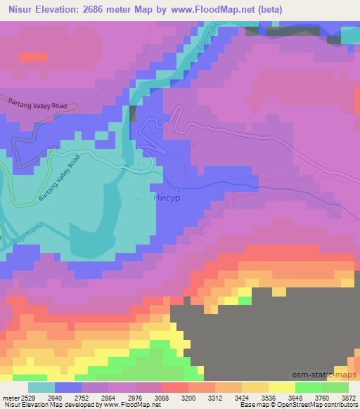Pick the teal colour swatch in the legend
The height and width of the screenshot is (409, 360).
click(x=41, y=387)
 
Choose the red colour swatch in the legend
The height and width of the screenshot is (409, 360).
click(x=174, y=387)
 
